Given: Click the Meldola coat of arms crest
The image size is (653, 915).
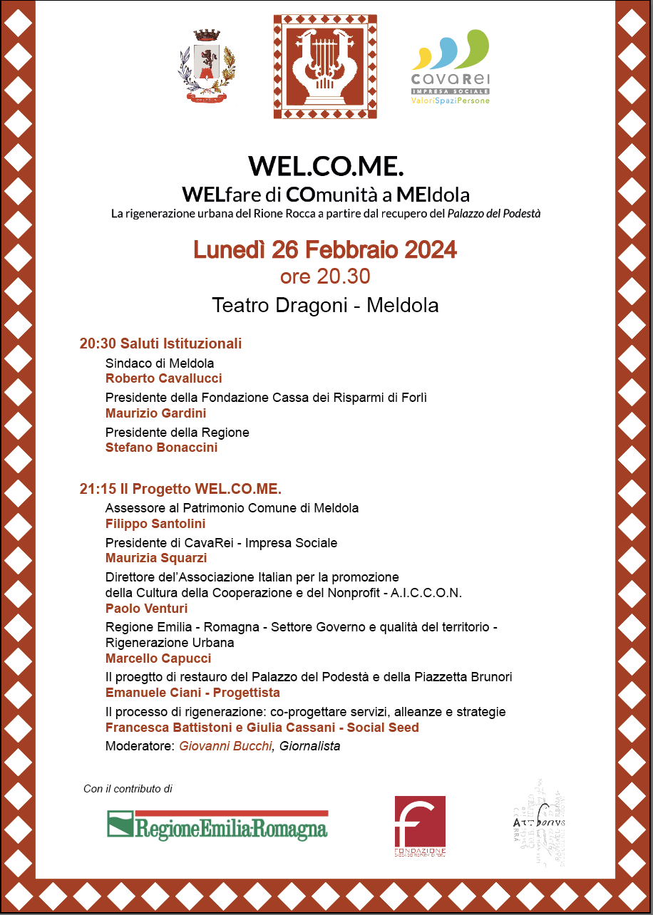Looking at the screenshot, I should [206, 69].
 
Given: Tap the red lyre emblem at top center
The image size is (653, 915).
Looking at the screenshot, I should [325, 66].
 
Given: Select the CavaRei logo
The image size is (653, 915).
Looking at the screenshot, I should [451, 68].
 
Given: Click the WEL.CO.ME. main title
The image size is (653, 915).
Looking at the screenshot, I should [326, 165].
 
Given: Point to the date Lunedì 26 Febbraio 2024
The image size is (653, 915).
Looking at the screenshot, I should [325, 250].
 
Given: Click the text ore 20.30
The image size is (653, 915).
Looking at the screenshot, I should [325, 276].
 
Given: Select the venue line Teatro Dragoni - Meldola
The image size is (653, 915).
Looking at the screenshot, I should [325, 305].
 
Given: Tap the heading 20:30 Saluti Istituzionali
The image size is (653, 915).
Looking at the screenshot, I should [160, 343].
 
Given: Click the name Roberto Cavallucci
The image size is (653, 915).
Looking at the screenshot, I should [163, 378].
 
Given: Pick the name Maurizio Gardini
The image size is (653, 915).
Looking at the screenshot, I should [155, 413].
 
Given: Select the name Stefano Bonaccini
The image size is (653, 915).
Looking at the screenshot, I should [161, 448].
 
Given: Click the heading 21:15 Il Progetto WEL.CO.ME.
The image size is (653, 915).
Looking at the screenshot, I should [180, 489].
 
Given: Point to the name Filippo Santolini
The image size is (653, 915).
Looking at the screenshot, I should [155, 524].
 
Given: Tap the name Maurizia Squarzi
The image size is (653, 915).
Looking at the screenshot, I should [157, 558].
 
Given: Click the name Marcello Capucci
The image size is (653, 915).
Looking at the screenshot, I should [158, 658].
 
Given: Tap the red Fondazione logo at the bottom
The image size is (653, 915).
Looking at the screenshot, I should [420, 826].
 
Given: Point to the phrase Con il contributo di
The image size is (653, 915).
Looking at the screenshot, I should [128, 789].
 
